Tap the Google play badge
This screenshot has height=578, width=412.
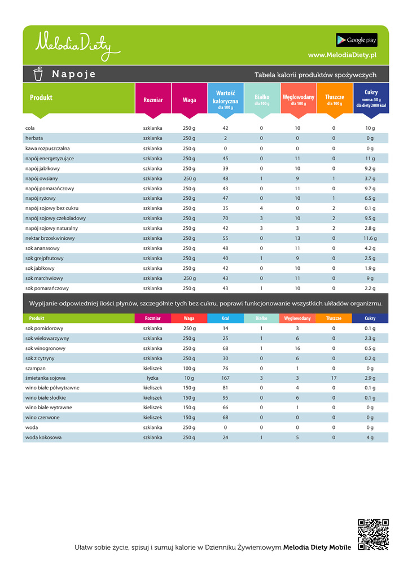357,40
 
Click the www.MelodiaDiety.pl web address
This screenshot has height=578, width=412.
343,55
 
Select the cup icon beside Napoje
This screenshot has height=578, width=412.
38,74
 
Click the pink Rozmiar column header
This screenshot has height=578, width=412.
153,100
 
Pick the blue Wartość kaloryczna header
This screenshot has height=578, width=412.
225,100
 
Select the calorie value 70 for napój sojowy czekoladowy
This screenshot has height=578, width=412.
225,218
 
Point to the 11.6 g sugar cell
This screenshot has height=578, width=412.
370,238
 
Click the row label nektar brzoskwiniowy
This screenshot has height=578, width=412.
50,238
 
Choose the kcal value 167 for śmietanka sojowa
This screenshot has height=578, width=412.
225,378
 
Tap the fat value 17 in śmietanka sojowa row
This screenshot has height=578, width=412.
334,378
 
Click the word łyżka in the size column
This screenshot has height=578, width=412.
153,378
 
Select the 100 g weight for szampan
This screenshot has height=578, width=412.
189,368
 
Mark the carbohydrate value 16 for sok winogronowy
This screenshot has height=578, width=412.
297,348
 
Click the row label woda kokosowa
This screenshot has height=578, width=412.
43,437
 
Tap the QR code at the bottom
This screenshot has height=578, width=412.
374,535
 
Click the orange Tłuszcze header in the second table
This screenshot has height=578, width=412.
334,318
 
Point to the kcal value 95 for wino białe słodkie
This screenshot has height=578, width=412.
225,397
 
